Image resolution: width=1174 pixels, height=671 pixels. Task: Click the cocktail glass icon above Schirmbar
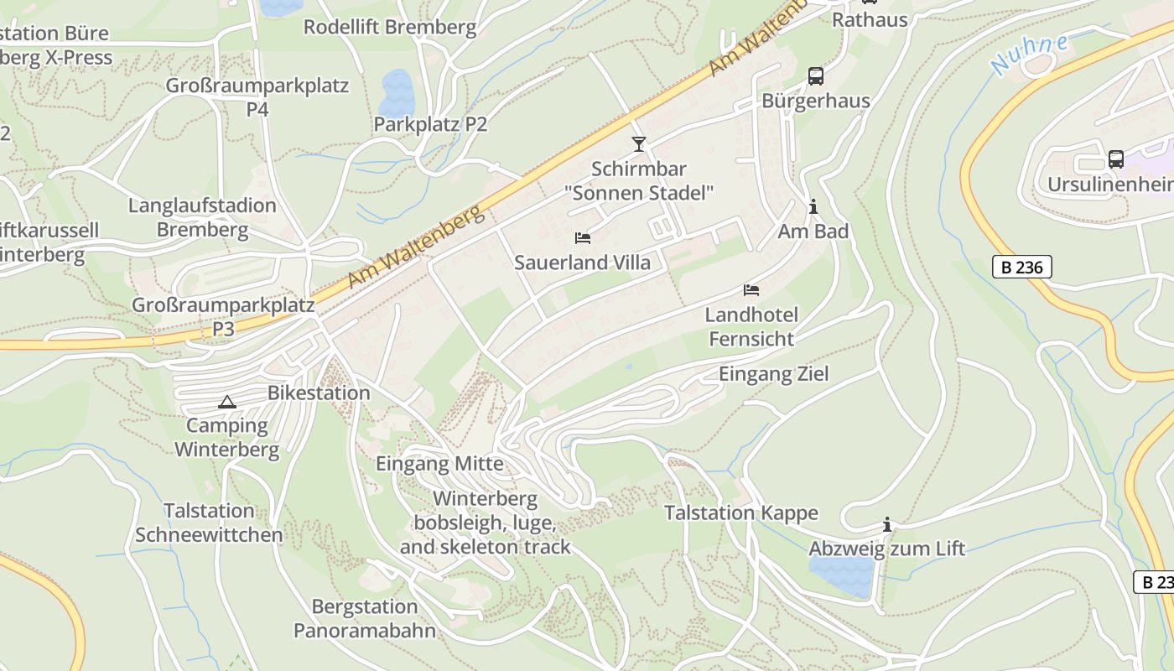[639, 144]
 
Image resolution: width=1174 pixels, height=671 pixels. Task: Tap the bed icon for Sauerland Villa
[583, 238]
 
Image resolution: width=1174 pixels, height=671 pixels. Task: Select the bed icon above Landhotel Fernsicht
[751, 290]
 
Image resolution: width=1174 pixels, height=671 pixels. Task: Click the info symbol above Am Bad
[813, 206]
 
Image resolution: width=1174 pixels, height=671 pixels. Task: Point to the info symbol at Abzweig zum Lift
[887, 525]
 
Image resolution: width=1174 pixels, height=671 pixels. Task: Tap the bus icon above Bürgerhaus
[815, 76]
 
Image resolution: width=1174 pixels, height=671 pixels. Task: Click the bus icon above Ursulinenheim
[1115, 159]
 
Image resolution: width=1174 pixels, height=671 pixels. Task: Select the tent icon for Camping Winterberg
[226, 402]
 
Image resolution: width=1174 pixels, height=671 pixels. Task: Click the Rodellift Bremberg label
[389, 27]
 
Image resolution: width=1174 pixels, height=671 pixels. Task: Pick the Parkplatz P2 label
[430, 124]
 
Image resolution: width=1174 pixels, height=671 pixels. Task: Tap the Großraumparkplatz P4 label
[257, 96]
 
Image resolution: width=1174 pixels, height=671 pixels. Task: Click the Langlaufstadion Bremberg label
[202, 217]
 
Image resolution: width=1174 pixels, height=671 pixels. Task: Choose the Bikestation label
[319, 393]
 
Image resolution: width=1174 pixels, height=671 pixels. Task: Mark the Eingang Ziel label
[773, 374]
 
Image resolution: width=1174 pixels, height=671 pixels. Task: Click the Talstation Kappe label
[740, 512]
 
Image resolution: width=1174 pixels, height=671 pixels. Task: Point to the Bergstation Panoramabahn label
[365, 618]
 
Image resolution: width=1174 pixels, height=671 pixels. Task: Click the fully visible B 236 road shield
[1021, 267]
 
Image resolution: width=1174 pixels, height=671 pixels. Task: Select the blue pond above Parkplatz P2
[397, 92]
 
